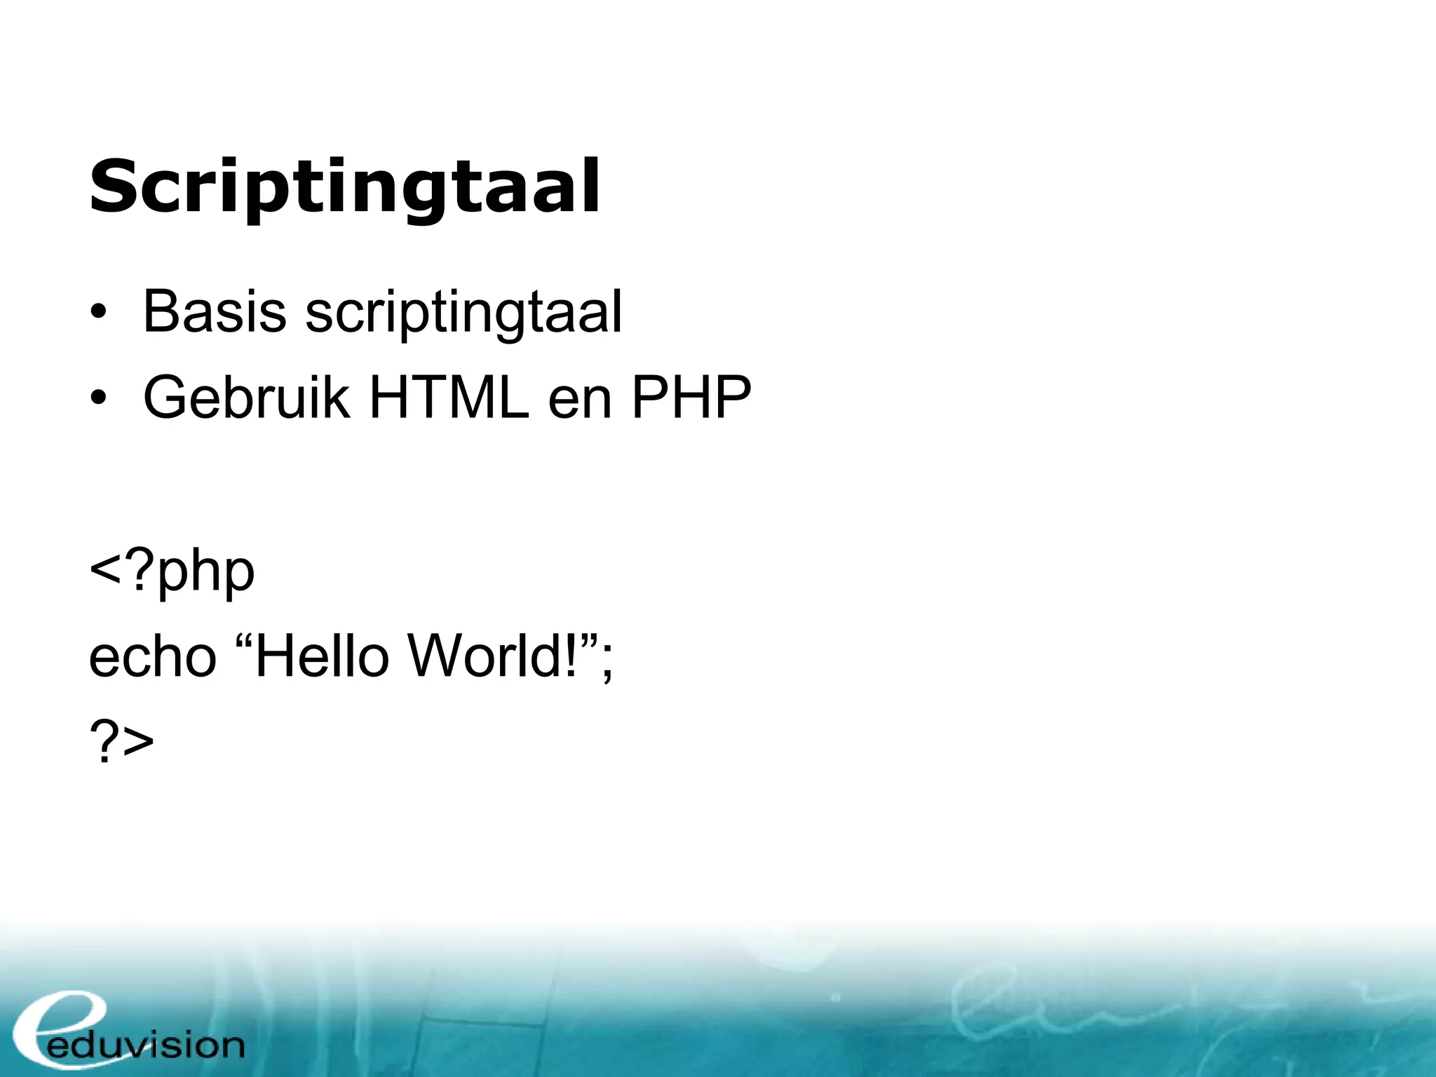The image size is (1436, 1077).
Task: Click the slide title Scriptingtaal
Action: tap(344, 187)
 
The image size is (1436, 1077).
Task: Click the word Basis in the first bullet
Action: tap(214, 311)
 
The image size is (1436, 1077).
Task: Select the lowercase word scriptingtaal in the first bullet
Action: tap(463, 313)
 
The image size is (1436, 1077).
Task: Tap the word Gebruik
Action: tap(246, 398)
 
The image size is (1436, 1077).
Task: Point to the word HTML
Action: tap(449, 398)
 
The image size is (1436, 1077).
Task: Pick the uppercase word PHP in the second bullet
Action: tap(691, 398)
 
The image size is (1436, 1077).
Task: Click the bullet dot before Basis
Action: tap(98, 313)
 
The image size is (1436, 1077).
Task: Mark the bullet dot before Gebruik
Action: tap(98, 398)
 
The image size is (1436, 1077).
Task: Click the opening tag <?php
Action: tap(172, 572)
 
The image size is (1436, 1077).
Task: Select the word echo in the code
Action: tap(152, 657)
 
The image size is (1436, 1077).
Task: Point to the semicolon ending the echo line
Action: tap(607, 663)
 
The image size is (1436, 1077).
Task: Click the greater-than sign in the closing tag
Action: tap(137, 743)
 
